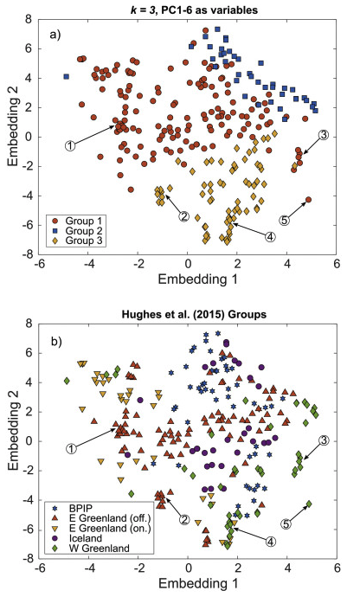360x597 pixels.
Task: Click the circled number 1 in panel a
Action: [70, 145]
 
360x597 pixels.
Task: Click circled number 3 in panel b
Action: [324, 440]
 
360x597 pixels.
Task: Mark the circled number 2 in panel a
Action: [183, 215]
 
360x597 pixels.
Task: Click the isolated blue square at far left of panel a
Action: [66, 77]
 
